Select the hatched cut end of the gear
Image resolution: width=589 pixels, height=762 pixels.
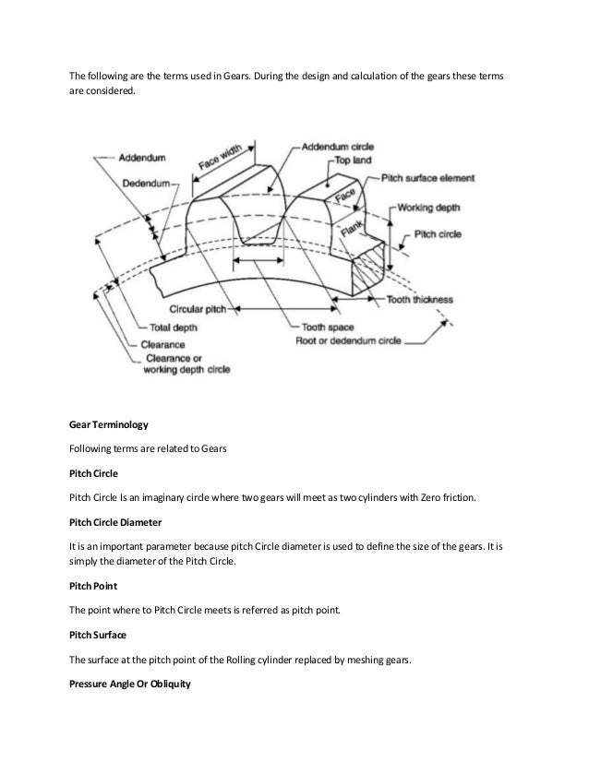(378, 264)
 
